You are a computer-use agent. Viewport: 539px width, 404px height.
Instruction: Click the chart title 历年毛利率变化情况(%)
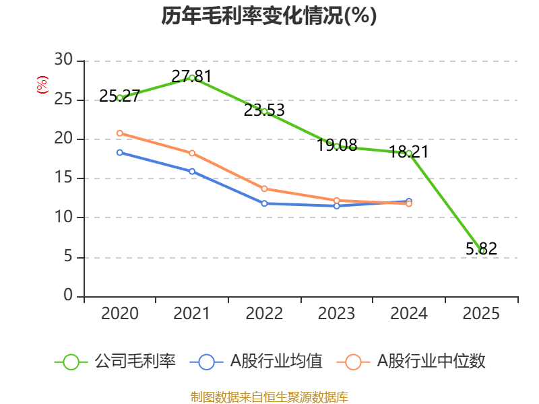269,16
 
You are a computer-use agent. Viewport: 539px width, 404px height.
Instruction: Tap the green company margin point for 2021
192,77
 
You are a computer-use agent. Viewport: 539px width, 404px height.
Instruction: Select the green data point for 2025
482,251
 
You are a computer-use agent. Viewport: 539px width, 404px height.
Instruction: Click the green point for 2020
120,98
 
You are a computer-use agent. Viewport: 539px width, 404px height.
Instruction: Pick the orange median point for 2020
120,133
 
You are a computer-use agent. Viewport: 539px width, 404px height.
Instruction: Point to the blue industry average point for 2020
120,152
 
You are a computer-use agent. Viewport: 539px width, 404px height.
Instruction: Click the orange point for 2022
264,189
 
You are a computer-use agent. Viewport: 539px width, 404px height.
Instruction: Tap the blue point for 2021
192,172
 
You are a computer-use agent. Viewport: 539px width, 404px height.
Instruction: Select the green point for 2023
337,146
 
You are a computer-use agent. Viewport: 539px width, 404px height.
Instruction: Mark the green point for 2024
409,154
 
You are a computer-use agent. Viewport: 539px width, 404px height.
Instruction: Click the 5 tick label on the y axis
67,257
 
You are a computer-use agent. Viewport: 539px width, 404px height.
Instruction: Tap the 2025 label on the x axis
482,314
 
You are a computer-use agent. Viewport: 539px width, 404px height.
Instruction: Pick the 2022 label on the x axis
264,314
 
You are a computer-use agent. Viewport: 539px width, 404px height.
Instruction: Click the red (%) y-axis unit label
42,85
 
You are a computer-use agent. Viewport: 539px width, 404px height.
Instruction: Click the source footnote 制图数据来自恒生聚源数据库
269,397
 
